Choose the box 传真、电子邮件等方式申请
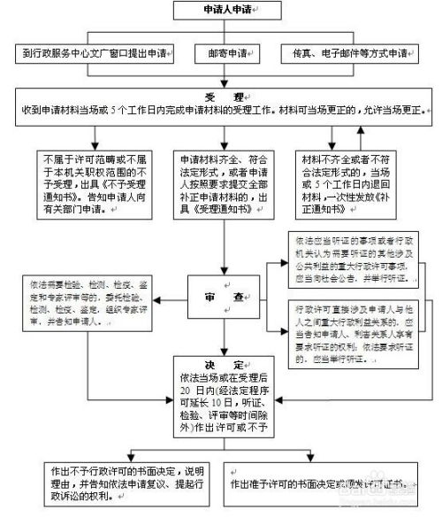point(349,54)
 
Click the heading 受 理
point(221,95)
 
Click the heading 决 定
point(221,365)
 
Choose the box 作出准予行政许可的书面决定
point(321,478)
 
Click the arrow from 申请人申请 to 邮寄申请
point(221,34)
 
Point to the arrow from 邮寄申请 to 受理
point(221,73)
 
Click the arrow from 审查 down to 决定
point(221,332)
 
